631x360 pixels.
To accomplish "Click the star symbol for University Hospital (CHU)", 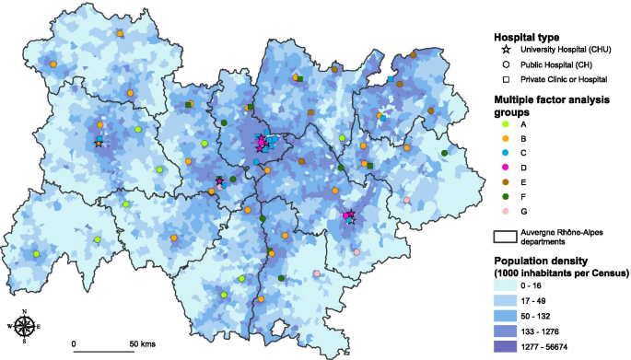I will pos(505,49).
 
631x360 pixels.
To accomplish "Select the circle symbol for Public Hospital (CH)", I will pos(505,64).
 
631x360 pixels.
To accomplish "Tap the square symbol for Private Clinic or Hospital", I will pos(505,80).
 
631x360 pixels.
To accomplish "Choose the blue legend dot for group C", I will pos(505,152).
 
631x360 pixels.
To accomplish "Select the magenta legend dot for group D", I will pos(505,167).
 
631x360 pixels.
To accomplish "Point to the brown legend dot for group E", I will pos(505,181).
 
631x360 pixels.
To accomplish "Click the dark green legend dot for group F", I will pos(505,196).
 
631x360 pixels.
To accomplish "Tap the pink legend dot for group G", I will pos(505,211).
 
